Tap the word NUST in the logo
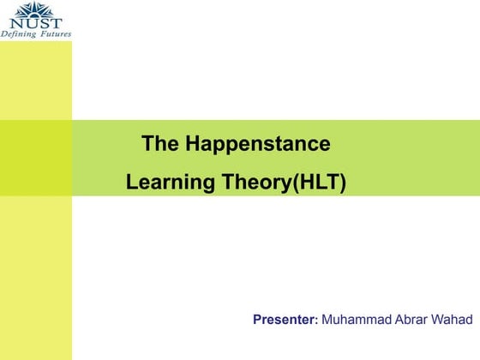pos(36,22)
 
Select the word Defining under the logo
pos(19,33)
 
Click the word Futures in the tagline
pos(54,33)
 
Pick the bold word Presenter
pos(285,320)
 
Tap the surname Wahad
pos(454,320)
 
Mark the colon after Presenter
pos(317,321)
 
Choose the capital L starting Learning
pos(131,183)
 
